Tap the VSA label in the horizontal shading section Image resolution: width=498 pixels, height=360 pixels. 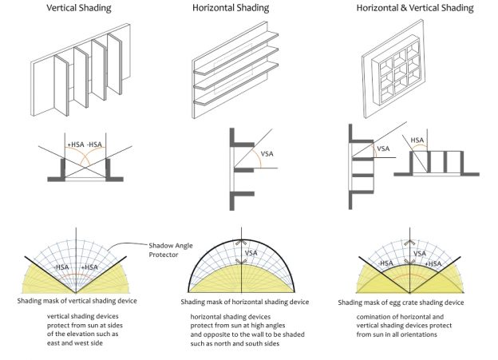(x=270, y=156)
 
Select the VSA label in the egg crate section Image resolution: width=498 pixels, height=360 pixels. (x=384, y=148)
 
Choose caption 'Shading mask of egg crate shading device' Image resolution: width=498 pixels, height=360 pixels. (x=407, y=303)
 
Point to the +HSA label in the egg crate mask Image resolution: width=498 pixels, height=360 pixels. (x=434, y=264)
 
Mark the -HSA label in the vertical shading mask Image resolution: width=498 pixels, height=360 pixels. (x=61, y=267)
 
